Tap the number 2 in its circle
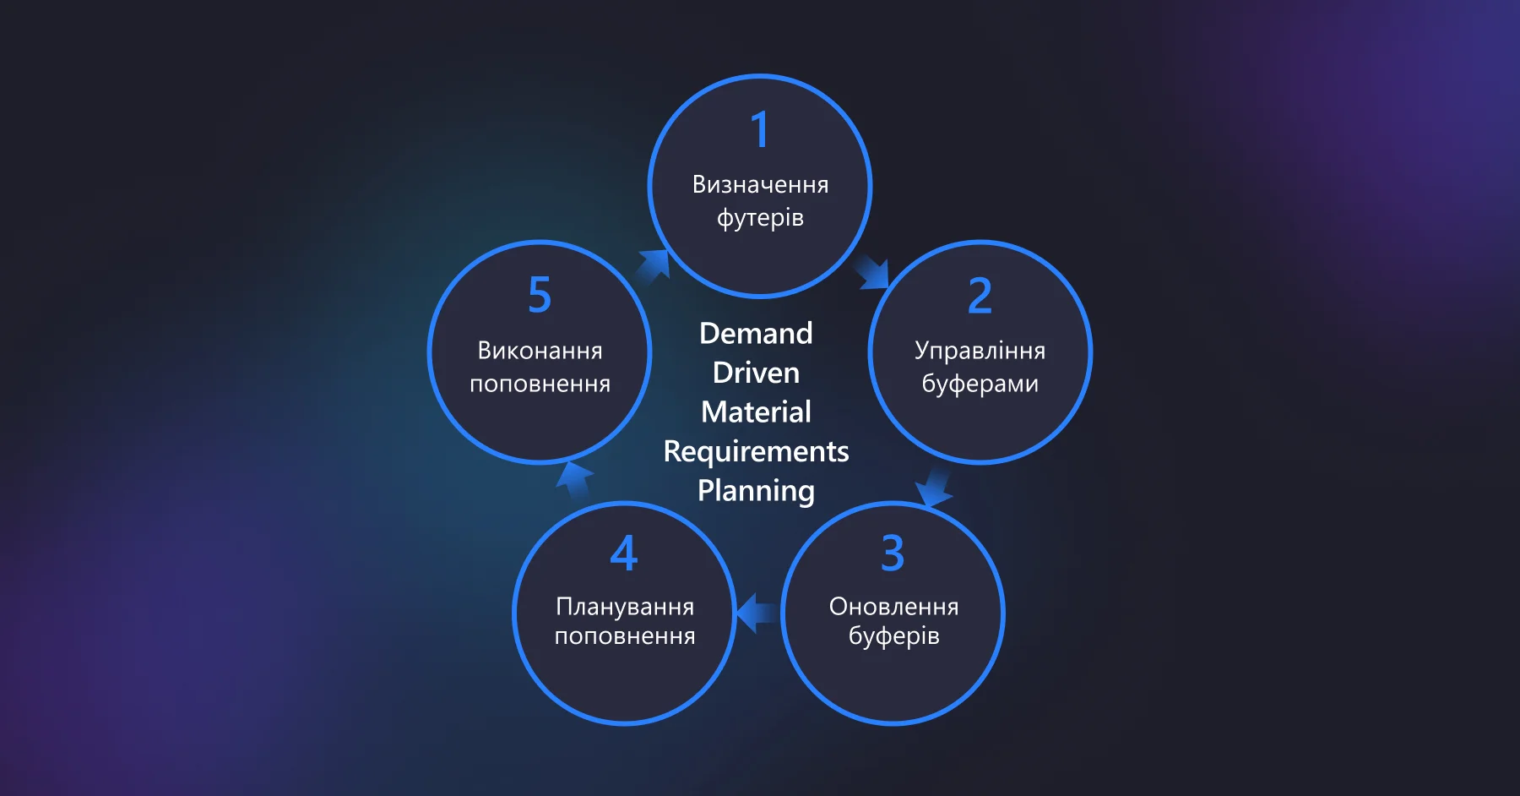980,296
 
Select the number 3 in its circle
893,553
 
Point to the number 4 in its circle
624,553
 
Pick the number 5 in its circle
540,295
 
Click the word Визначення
760,184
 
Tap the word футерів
760,218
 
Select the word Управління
980,351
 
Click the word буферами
980,384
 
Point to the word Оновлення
893,606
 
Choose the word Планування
625,606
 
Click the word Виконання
540,350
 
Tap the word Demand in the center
756,333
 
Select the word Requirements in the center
756,451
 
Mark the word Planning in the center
756,490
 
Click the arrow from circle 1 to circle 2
872,272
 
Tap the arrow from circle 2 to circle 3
933,488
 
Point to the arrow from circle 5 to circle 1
653,265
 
